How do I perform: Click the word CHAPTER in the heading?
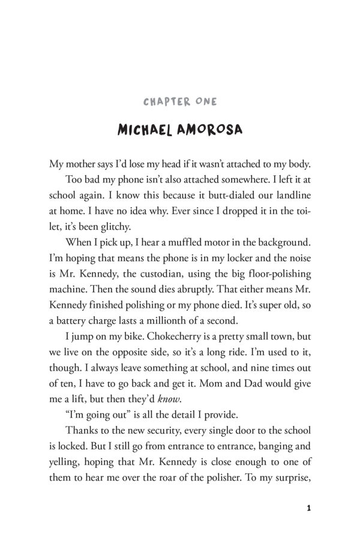pos(163,102)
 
